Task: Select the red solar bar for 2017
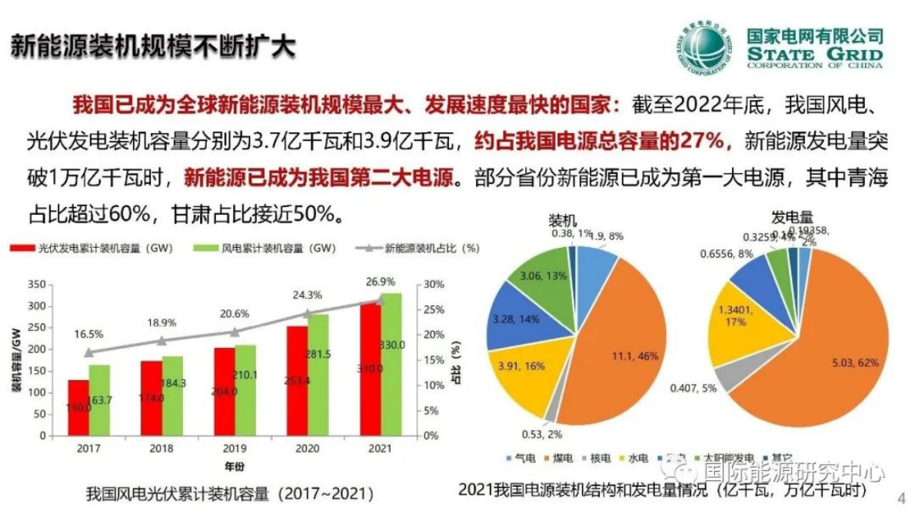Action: tap(78, 408)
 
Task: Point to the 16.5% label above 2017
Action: tap(88, 335)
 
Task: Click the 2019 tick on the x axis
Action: tap(235, 448)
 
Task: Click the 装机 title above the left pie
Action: tap(563, 219)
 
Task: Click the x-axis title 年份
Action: tap(235, 466)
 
